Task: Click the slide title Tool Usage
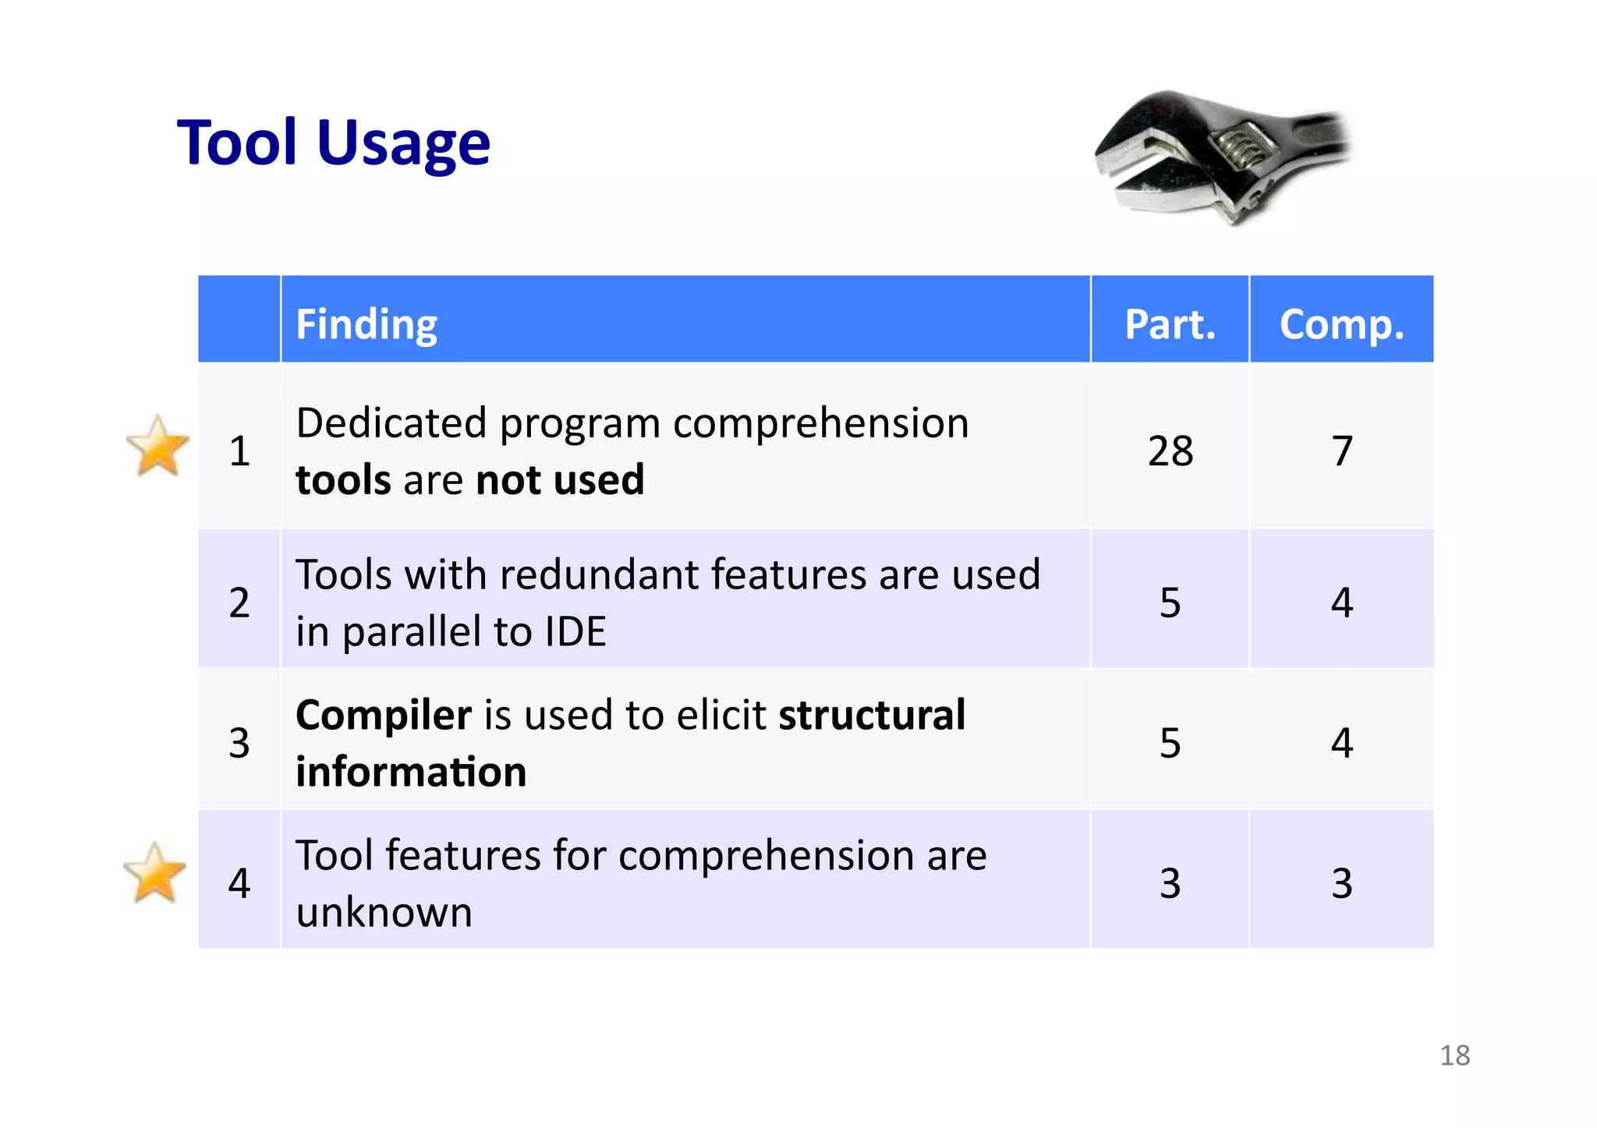[x=334, y=143]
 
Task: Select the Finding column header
[x=366, y=324]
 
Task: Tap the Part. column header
[x=1170, y=324]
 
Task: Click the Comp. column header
[x=1341, y=324]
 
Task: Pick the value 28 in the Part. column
[x=1170, y=451]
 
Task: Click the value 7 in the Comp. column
[x=1341, y=451]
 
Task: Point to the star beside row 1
[x=158, y=446]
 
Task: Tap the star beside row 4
[x=155, y=873]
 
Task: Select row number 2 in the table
[x=239, y=602]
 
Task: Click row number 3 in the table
[x=239, y=742]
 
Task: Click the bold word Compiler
[x=383, y=715]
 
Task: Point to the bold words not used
[x=560, y=479]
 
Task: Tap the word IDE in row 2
[x=575, y=631]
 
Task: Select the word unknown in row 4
[x=384, y=912]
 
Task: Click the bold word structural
[x=872, y=715]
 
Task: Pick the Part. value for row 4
[x=1170, y=883]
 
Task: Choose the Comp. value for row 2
[x=1341, y=602]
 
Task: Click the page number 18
[x=1454, y=1056]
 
